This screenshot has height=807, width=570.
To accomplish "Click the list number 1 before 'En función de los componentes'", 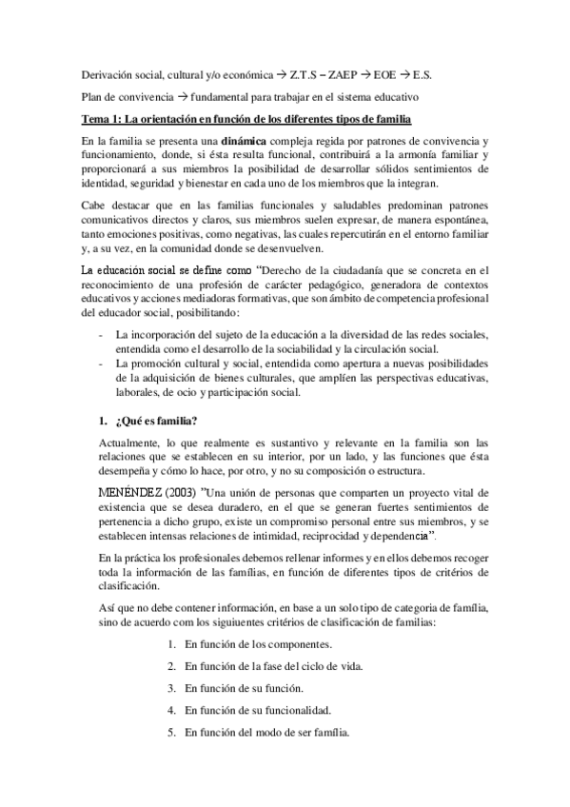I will [x=170, y=645].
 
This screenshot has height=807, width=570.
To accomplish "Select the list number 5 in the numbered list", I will [x=170, y=732].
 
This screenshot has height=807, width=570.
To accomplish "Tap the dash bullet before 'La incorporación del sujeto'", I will [x=101, y=336].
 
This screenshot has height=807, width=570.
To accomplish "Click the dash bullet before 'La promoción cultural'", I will [x=101, y=366].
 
